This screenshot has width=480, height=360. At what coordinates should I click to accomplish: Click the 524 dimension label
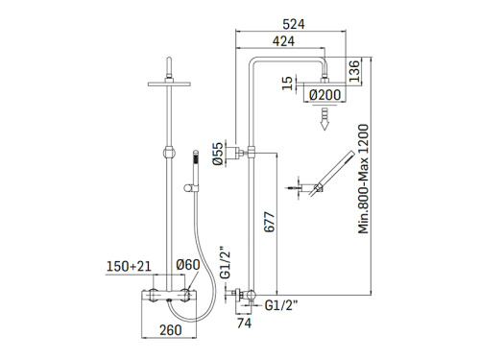click(x=294, y=24)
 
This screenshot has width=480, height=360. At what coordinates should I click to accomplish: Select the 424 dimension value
click(x=283, y=41)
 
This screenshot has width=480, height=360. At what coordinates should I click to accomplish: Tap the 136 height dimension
click(x=354, y=71)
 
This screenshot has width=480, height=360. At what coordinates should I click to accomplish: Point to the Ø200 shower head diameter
click(x=325, y=95)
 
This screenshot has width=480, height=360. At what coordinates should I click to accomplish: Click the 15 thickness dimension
click(x=288, y=83)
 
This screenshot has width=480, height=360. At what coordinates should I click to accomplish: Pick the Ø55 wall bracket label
click(x=218, y=154)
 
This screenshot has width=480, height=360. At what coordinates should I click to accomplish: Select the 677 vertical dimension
click(x=270, y=222)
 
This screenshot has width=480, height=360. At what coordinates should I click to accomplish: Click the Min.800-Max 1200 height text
click(x=364, y=179)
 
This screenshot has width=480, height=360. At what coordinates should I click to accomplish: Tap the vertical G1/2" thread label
click(x=226, y=262)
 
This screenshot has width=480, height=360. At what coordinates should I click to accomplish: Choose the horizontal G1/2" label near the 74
click(x=281, y=305)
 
